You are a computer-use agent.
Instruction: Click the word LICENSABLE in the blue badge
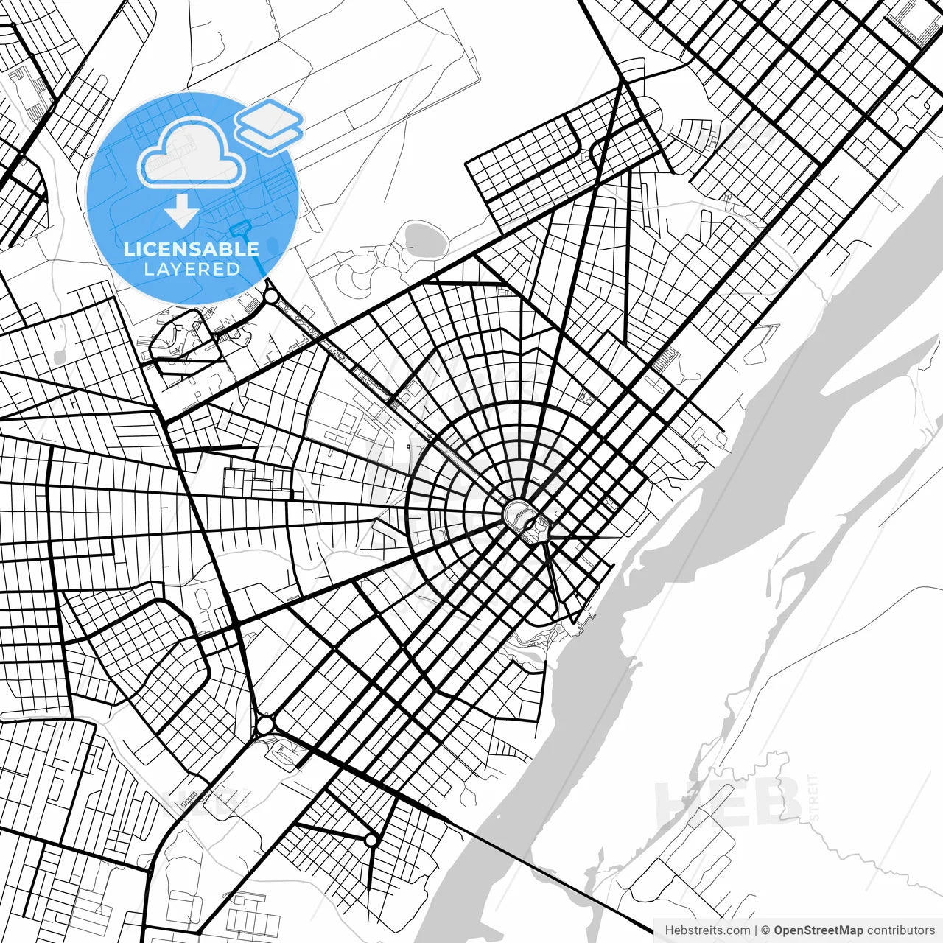click(x=192, y=249)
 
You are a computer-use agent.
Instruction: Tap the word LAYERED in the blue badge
click(x=192, y=269)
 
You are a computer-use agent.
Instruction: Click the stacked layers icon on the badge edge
click(x=269, y=125)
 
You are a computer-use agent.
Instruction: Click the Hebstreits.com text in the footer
click(x=707, y=930)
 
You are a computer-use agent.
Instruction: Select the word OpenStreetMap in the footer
click(x=818, y=930)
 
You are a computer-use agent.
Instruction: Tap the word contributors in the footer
click(x=900, y=930)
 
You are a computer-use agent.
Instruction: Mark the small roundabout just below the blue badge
click(x=270, y=297)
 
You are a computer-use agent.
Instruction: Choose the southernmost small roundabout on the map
click(x=371, y=840)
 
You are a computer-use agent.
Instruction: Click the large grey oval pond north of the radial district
click(x=421, y=237)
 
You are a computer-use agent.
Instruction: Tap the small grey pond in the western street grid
click(x=59, y=357)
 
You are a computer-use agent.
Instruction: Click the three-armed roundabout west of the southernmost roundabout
click(x=264, y=726)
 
